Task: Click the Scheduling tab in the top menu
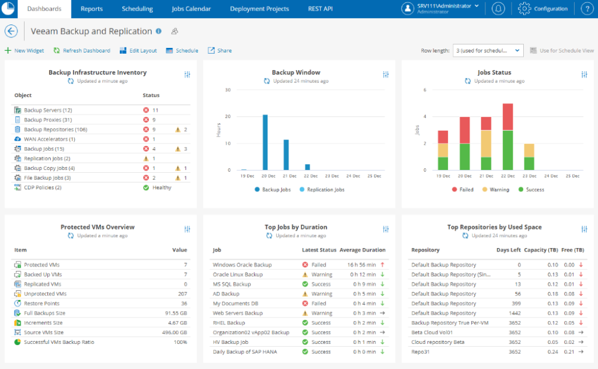137,9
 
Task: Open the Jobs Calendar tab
191,9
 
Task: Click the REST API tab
320,9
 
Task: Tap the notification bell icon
498,9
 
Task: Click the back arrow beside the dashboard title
11,31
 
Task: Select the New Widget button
25,51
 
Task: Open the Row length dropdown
488,51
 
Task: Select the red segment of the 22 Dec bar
507,117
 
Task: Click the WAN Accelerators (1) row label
49,140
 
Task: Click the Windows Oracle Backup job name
242,265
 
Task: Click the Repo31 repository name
420,352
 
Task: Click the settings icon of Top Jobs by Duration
386,229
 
